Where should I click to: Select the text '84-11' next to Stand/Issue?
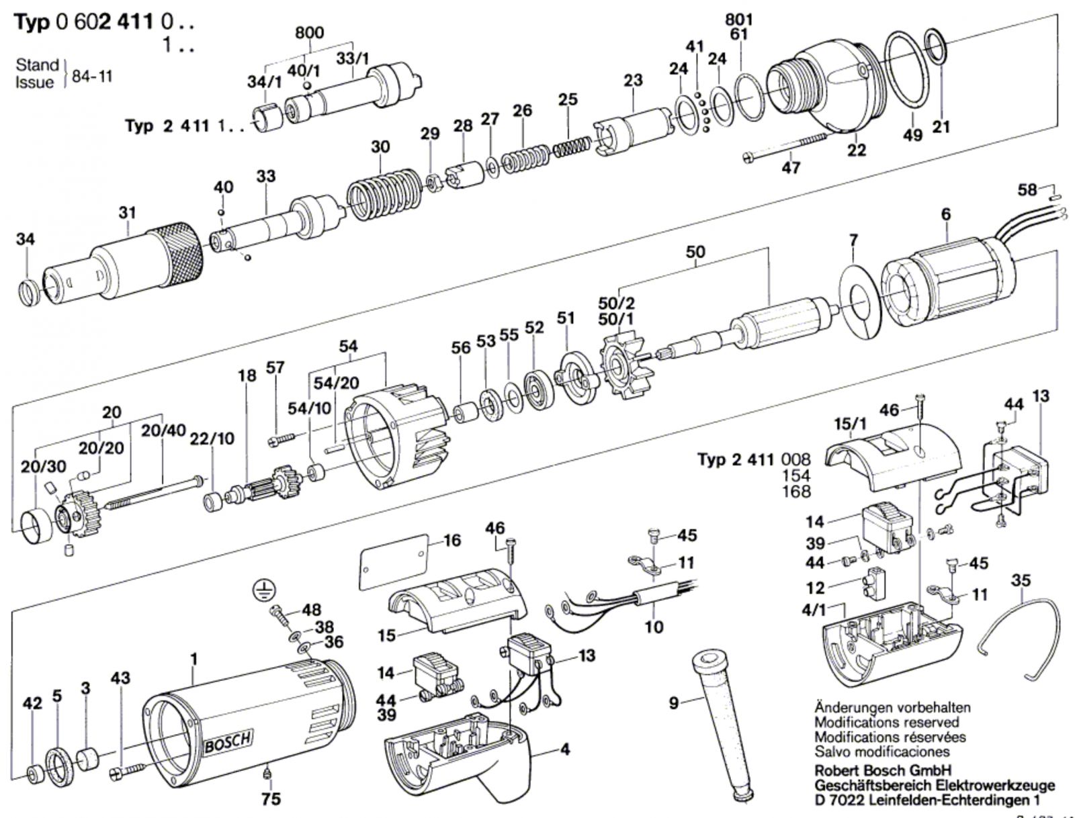91,76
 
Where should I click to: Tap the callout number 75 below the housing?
271,799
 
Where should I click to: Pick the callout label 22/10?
212,439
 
